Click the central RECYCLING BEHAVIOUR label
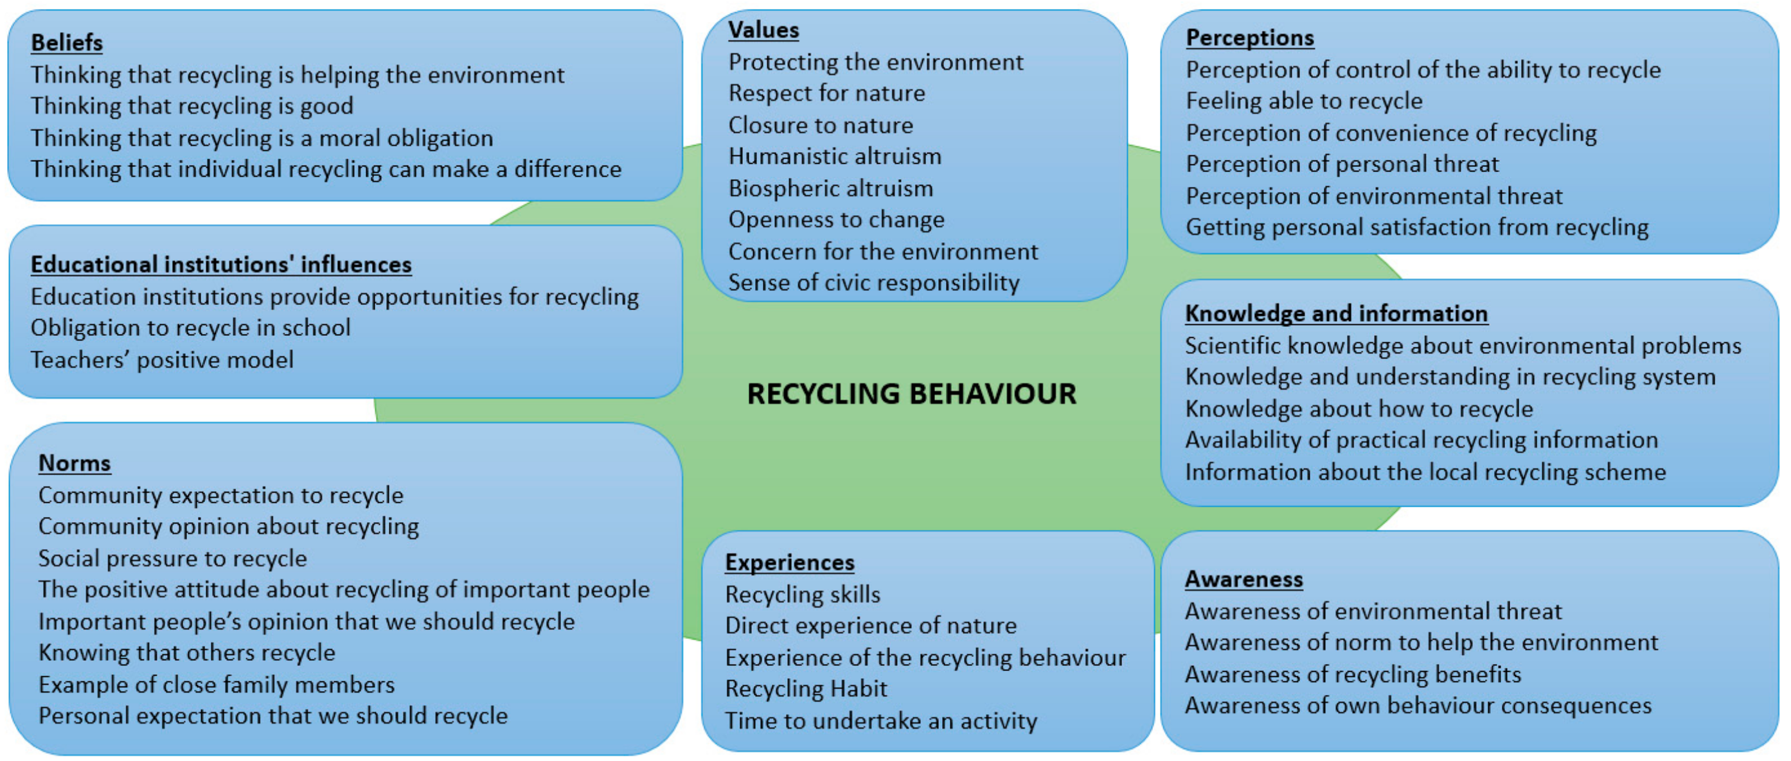click(x=911, y=394)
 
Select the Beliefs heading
click(x=67, y=42)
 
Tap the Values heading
click(x=763, y=30)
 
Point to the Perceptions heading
click(x=1249, y=37)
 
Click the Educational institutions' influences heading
click(x=221, y=264)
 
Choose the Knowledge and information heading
click(x=1335, y=313)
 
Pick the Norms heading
click(x=75, y=463)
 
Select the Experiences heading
click(x=789, y=562)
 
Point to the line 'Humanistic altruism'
click(x=834, y=156)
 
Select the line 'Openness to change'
click(x=835, y=220)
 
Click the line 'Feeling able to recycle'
click(x=1304, y=101)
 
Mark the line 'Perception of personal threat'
click(x=1342, y=164)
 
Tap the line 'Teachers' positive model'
click(x=162, y=360)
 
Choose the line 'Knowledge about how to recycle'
click(x=1359, y=408)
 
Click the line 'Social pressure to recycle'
click(x=172, y=559)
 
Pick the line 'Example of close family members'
click(x=216, y=685)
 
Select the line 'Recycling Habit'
click(x=806, y=688)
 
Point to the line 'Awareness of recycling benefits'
click(x=1352, y=674)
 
